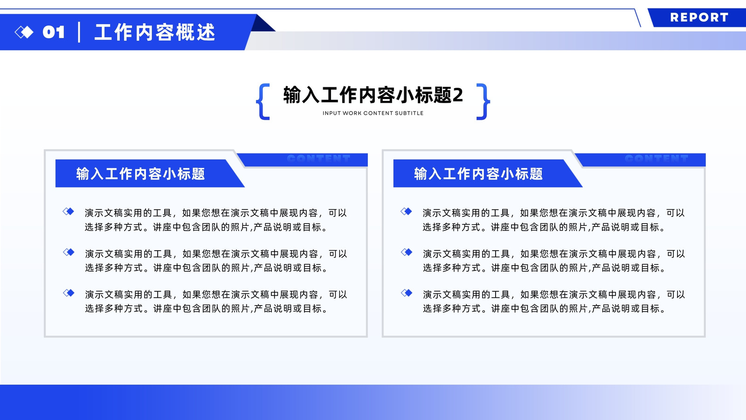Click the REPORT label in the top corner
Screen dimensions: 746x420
(x=699, y=17)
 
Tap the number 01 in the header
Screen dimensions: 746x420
(x=54, y=32)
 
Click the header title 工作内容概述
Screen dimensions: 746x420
(x=155, y=32)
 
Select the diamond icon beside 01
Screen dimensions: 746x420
(x=24, y=32)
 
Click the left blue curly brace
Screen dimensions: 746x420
(x=263, y=101)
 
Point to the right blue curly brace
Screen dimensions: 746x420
(x=483, y=101)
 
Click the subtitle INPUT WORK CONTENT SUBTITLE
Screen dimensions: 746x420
(x=373, y=113)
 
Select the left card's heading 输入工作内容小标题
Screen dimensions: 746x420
(x=140, y=174)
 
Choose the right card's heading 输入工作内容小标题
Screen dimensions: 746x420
(x=478, y=174)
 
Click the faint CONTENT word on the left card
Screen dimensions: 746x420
(x=319, y=158)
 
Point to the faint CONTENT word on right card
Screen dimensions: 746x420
(x=657, y=158)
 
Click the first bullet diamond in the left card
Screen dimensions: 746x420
(x=68, y=211)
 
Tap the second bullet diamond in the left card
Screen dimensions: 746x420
(x=68, y=252)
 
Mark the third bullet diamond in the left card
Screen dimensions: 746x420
(x=68, y=293)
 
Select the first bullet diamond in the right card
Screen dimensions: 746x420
(x=406, y=211)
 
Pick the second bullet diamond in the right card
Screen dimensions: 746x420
(x=406, y=252)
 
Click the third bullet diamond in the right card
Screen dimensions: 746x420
(x=406, y=293)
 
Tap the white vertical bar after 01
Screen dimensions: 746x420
(x=79, y=32)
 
